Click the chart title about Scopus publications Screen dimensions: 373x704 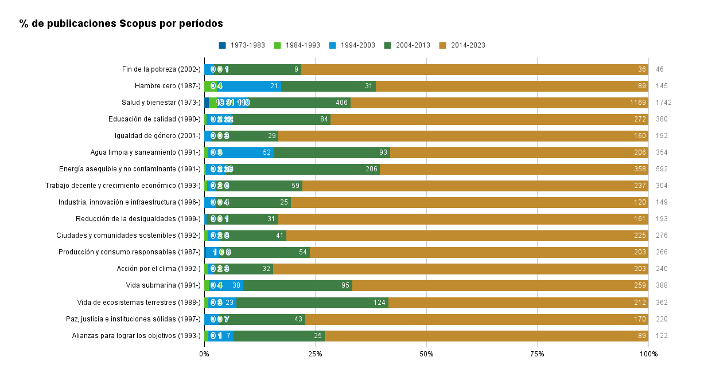(121, 23)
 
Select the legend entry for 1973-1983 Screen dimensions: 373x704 (242, 45)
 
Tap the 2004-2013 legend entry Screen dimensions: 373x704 (407, 45)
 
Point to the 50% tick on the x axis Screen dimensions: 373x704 (426, 354)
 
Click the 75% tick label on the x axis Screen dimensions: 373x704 (537, 354)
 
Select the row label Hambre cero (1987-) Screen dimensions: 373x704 (168, 86)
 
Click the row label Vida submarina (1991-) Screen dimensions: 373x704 (163, 285)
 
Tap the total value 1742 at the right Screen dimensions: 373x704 (663, 103)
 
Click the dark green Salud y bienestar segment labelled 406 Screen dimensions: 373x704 (298, 103)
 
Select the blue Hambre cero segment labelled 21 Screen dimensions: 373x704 (249, 86)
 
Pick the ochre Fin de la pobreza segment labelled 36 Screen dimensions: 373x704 (474, 69)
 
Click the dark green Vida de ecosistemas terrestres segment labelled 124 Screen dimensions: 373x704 (313, 302)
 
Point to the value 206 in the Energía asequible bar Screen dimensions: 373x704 (371, 169)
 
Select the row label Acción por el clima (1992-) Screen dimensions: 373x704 (158, 269)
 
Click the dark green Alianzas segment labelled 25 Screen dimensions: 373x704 (279, 336)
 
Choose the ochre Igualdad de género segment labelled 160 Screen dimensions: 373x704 (463, 136)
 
